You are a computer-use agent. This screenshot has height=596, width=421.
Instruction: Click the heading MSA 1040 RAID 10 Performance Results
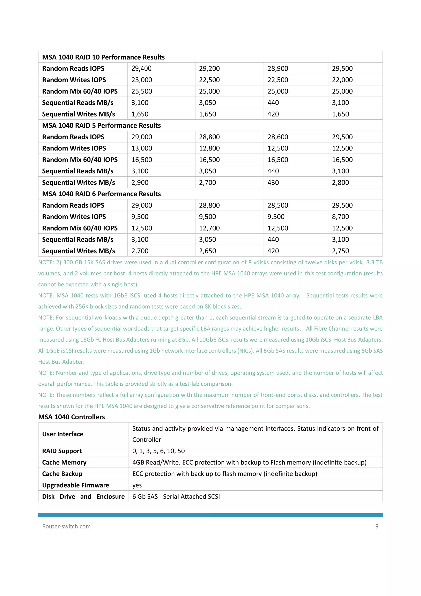(x=103, y=57)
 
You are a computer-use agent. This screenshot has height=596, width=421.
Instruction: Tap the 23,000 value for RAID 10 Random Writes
(x=142, y=80)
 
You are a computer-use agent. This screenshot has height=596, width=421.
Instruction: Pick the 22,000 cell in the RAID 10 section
(x=342, y=80)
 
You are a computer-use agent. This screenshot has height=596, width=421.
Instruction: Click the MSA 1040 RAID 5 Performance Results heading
(x=101, y=125)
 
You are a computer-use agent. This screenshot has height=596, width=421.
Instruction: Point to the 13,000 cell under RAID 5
(x=142, y=148)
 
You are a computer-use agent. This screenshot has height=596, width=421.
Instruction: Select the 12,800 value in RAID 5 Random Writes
(x=209, y=148)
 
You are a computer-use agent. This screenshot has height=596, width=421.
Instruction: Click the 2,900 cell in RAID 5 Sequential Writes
(x=140, y=182)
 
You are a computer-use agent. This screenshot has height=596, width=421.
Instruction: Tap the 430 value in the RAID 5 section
(x=273, y=182)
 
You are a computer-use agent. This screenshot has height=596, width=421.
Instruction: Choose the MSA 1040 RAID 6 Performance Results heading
(x=101, y=194)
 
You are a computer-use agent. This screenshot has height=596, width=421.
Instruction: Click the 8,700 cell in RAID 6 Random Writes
(x=340, y=217)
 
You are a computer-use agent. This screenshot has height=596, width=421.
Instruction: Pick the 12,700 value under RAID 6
(x=209, y=228)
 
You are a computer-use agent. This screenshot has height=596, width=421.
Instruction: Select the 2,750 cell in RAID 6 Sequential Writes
(x=340, y=251)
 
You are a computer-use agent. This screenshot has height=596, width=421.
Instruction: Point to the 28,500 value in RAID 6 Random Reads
(x=278, y=205)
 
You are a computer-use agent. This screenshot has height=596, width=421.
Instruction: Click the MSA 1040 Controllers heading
(x=72, y=417)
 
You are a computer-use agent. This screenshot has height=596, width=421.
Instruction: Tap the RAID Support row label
(x=62, y=451)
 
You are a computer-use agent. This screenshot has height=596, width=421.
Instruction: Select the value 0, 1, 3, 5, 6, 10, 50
(x=158, y=451)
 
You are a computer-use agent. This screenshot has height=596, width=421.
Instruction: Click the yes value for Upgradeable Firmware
(x=137, y=485)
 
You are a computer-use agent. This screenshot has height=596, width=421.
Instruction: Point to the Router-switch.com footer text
(x=66, y=526)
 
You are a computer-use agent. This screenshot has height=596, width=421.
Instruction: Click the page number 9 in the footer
(x=377, y=526)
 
